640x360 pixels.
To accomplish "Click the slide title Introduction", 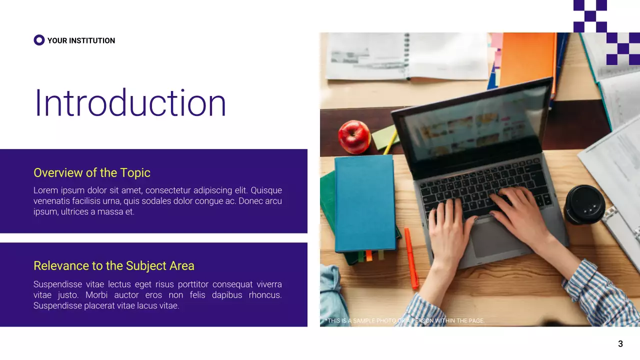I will (130, 103).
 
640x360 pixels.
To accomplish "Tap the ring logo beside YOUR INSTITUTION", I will (39, 40).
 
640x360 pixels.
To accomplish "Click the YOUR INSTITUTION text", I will (81, 40).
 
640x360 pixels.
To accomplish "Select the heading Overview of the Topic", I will (92, 173).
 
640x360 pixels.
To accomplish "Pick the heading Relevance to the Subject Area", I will (114, 265).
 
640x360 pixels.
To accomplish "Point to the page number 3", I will (620, 344).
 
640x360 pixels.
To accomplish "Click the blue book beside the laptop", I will (365, 202).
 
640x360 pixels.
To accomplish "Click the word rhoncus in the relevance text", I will (265, 295).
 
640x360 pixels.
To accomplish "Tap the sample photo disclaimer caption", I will (405, 320).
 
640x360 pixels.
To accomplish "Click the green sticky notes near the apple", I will (384, 137).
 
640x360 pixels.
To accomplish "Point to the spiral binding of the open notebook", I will (407, 55).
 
